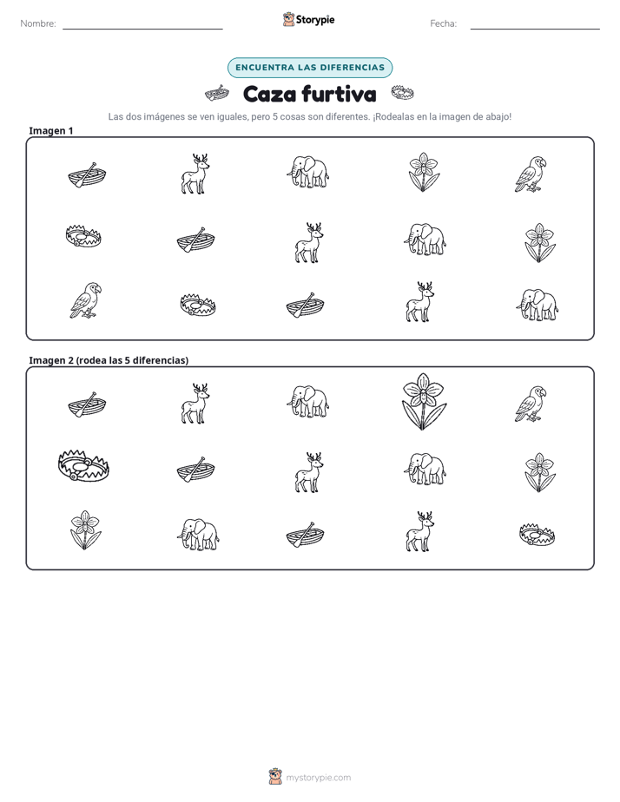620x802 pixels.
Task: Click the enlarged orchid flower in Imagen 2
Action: pyautogui.click(x=423, y=402)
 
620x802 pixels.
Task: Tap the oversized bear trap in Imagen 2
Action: pyautogui.click(x=84, y=465)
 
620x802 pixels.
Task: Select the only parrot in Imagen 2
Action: pyautogui.click(x=531, y=404)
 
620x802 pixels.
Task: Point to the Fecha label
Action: pyautogui.click(x=443, y=23)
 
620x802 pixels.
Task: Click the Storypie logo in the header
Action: pyautogui.click(x=308, y=19)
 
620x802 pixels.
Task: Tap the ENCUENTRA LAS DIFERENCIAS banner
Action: pyautogui.click(x=310, y=68)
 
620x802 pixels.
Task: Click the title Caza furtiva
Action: pyautogui.click(x=309, y=94)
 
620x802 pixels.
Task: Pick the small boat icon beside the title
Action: pyautogui.click(x=217, y=94)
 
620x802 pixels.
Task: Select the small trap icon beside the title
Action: pyautogui.click(x=403, y=93)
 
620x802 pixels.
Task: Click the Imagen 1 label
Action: pyautogui.click(x=50, y=130)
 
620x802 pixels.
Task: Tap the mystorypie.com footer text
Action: pyautogui.click(x=318, y=778)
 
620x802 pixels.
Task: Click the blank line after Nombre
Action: pyautogui.click(x=142, y=29)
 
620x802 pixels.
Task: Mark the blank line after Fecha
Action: pyautogui.click(x=535, y=29)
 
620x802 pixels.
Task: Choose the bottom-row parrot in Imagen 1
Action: pyautogui.click(x=85, y=300)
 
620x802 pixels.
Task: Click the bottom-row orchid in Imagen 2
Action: pyautogui.click(x=85, y=529)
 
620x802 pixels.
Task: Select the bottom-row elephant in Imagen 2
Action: pyautogui.click(x=198, y=534)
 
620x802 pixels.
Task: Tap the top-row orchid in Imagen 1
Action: pyautogui.click(x=424, y=172)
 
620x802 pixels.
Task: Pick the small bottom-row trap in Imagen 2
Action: pyautogui.click(x=538, y=535)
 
